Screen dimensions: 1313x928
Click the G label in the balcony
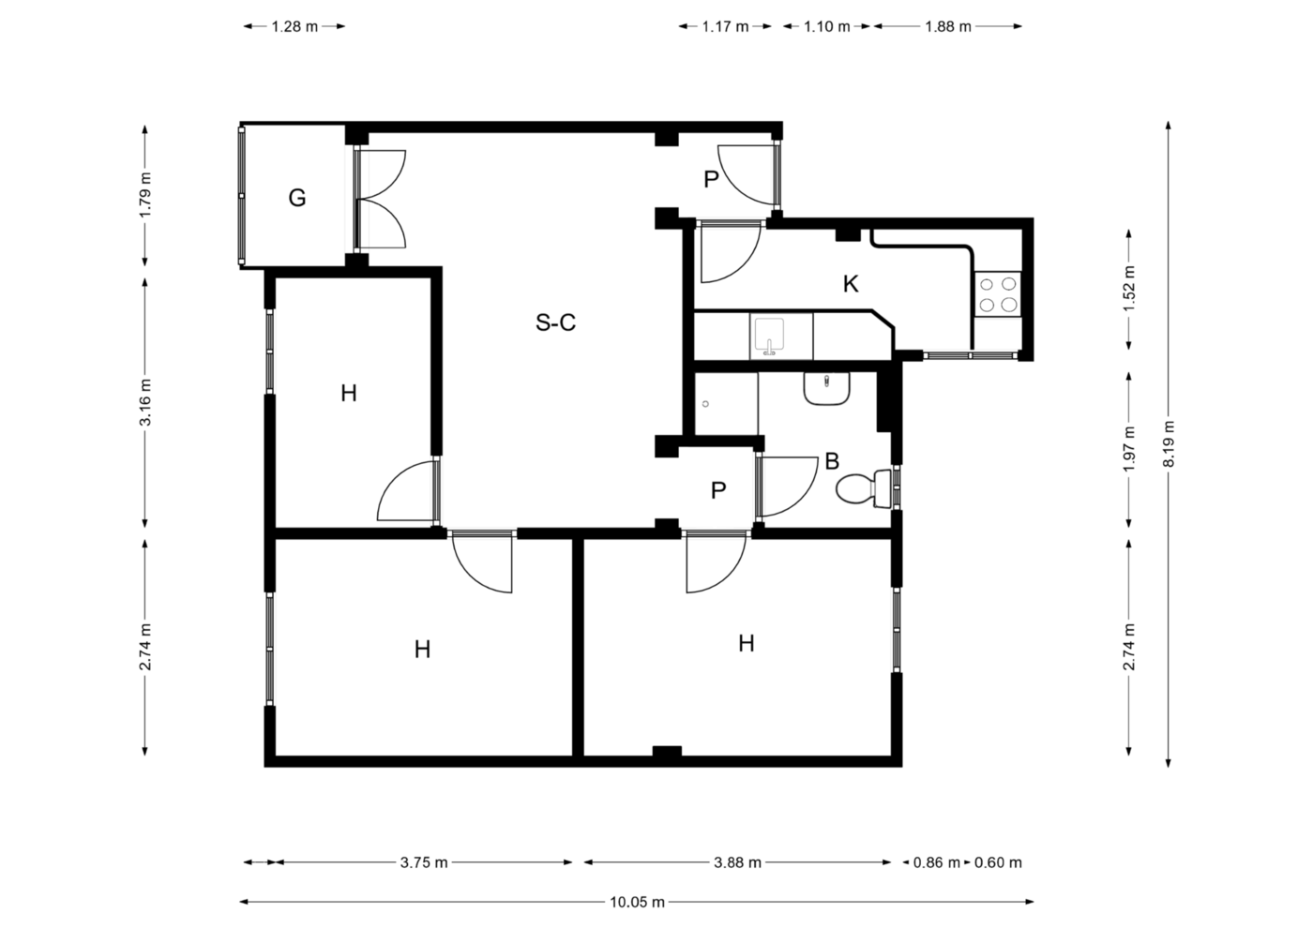pos(297,198)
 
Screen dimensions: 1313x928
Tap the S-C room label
pos(555,322)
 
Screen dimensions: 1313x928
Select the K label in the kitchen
pos(851,284)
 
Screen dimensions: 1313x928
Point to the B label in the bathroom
pos(832,461)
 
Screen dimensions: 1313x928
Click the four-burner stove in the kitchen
pos(998,294)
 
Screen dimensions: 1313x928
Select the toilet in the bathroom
pos(864,488)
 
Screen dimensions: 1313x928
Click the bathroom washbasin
pos(826,388)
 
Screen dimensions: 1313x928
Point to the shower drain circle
pos(705,404)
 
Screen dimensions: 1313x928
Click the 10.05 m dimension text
pos(637,902)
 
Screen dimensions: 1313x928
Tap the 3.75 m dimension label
pos(424,862)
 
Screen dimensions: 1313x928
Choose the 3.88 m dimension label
pos(737,862)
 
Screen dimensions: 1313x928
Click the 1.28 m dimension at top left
pos(294,26)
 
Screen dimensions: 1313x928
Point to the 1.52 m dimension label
pos(1129,289)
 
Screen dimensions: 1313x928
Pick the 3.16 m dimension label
pos(144,402)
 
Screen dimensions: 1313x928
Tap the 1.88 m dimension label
pos(948,26)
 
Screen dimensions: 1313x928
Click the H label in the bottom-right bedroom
pos(747,643)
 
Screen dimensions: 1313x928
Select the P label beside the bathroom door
pos(718,489)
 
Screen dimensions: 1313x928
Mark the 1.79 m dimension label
pos(144,195)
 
